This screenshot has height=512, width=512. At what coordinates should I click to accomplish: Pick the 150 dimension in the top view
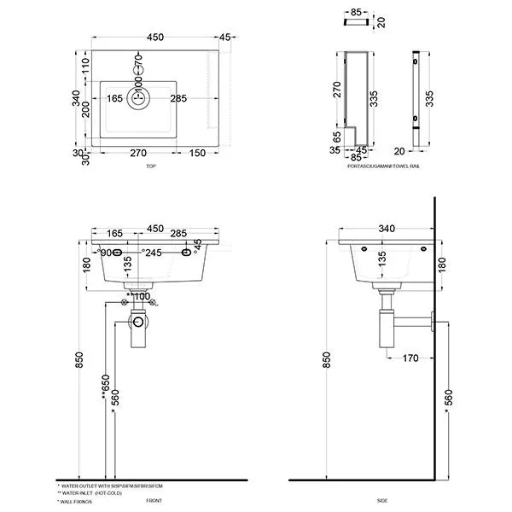click(x=198, y=154)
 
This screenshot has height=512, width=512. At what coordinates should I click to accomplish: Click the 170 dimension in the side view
click(x=410, y=358)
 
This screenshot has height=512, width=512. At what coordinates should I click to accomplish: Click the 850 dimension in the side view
click(x=328, y=362)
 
